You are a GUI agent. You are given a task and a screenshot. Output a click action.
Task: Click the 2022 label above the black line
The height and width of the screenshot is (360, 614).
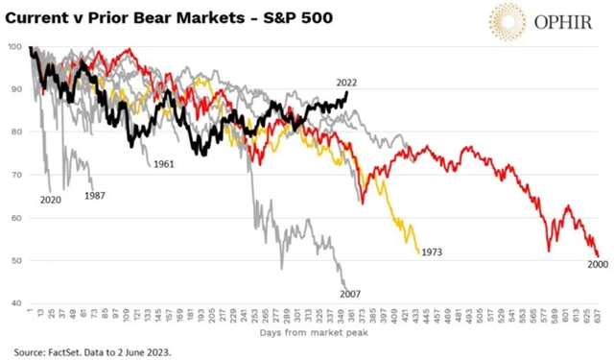(346, 83)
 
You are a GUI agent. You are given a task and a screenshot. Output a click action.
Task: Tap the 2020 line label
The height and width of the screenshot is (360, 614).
(51, 201)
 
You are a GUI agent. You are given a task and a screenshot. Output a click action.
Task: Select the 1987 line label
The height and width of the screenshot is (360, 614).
(95, 195)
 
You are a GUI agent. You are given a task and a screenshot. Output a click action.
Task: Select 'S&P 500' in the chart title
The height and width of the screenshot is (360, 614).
(295, 16)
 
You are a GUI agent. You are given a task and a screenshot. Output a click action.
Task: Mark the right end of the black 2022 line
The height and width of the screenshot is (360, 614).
(346, 91)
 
